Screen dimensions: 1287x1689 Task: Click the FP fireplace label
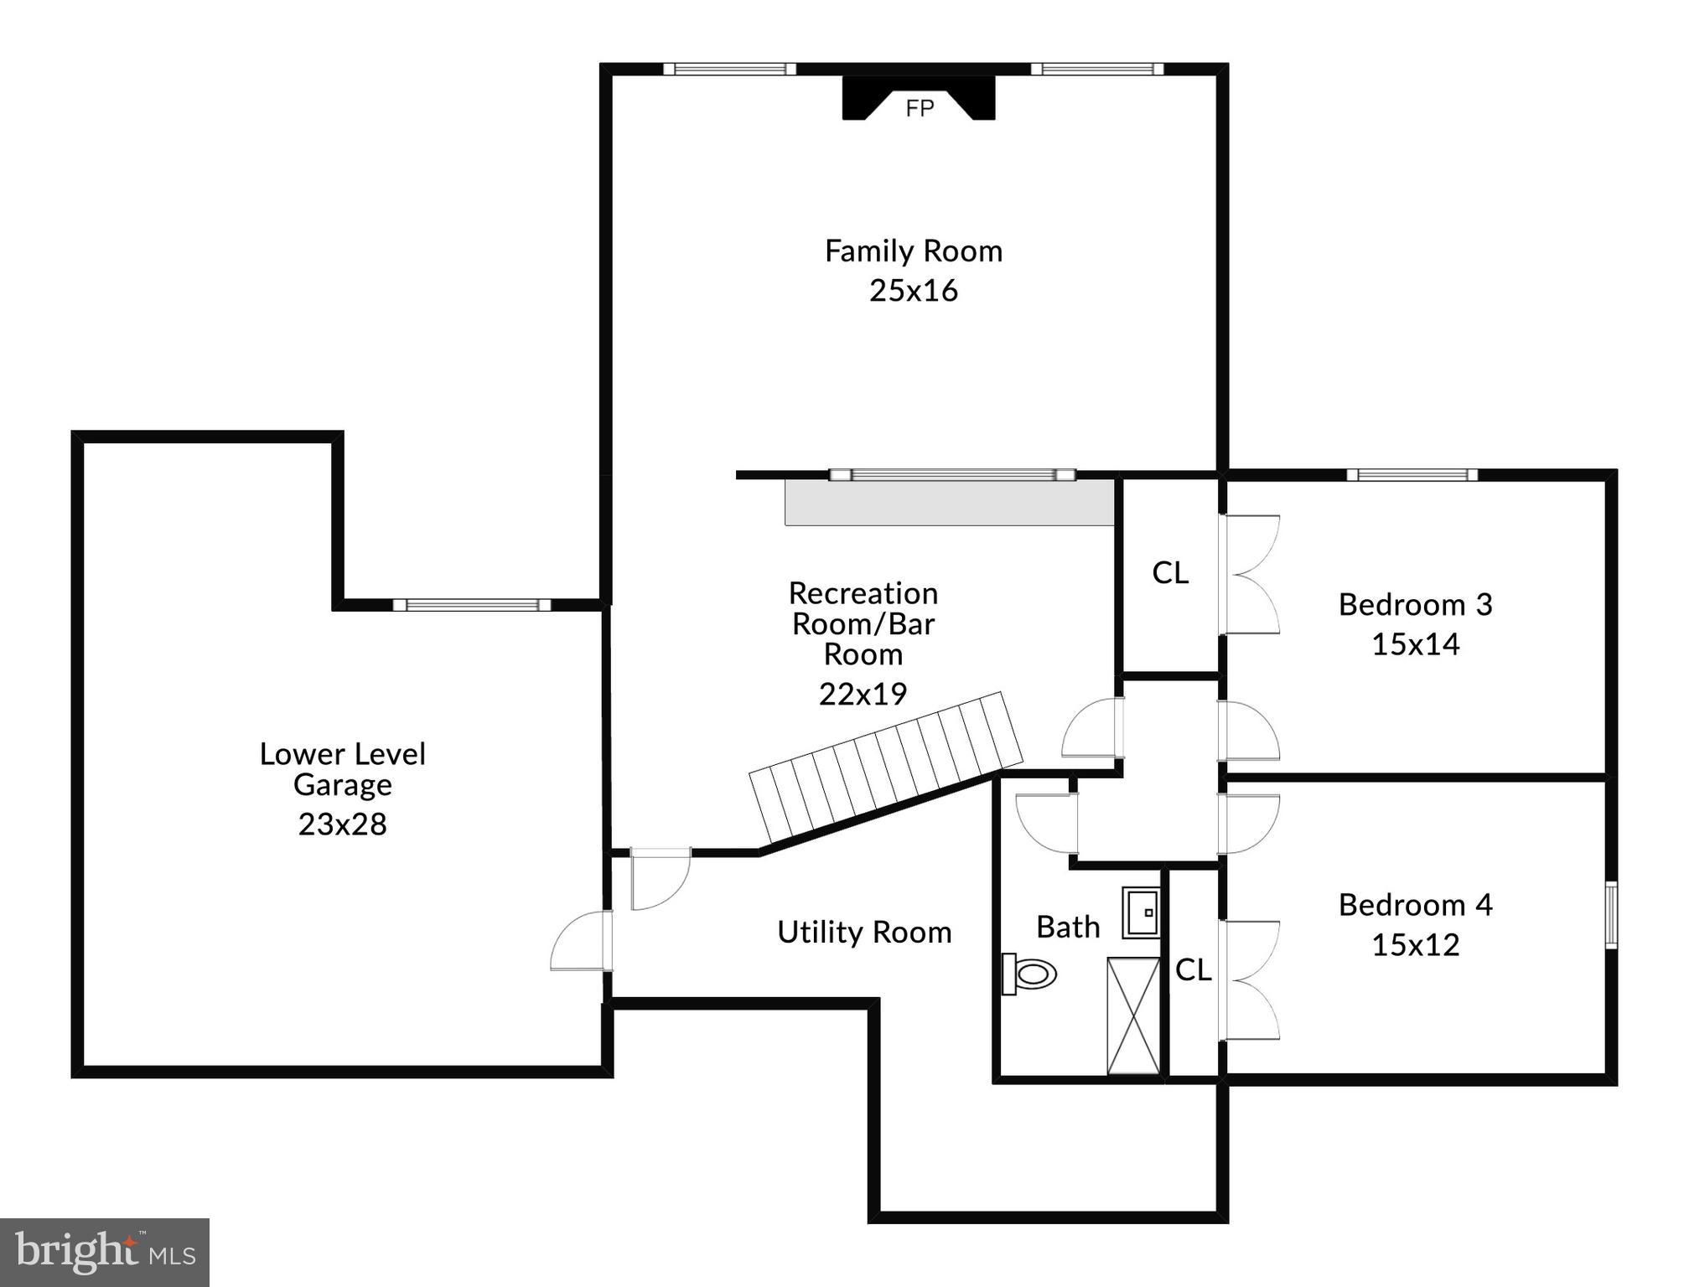(920, 109)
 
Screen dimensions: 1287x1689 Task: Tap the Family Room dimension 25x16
(913, 291)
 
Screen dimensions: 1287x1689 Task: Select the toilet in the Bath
(1030, 974)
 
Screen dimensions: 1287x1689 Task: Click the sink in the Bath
(1141, 912)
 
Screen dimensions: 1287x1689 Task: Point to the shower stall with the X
(1133, 1016)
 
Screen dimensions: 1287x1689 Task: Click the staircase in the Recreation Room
(886, 767)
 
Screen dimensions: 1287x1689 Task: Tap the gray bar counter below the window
(949, 503)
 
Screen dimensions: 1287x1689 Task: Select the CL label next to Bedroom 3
(1170, 573)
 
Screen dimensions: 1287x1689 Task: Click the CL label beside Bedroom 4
(1193, 970)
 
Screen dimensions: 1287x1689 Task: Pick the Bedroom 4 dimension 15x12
(1415, 945)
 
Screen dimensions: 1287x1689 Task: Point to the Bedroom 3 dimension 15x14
(1415, 644)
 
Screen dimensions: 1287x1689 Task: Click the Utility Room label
(864, 933)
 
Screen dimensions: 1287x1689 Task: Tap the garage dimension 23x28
(342, 824)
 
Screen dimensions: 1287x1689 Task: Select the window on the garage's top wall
(472, 605)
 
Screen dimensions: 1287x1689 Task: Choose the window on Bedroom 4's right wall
(1611, 915)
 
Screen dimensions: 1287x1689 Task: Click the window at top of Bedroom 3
(1412, 475)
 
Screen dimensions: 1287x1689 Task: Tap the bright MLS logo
(105, 1253)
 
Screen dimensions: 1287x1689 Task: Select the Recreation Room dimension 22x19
(863, 694)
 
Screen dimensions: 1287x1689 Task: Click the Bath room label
(1068, 928)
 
